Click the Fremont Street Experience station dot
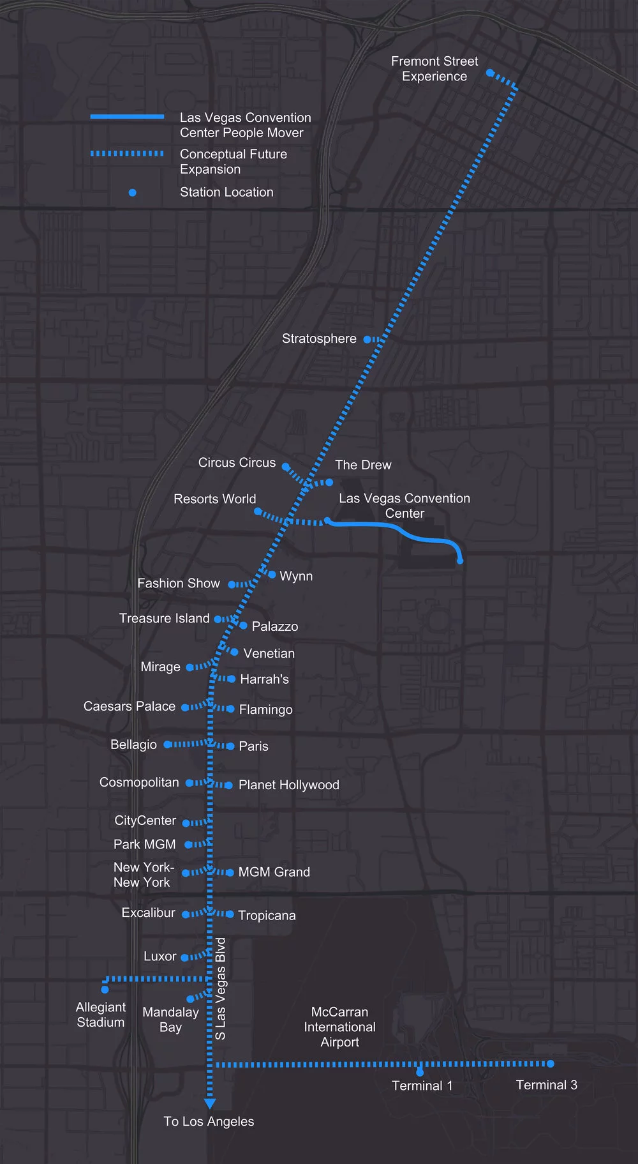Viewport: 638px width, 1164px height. [x=490, y=73]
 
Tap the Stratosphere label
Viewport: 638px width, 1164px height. [x=319, y=338]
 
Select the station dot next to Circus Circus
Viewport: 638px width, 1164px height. [x=286, y=467]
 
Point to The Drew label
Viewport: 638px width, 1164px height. [x=363, y=465]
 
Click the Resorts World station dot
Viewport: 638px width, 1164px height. [x=258, y=511]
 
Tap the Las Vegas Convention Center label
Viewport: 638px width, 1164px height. [x=404, y=506]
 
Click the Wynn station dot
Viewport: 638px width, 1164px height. [x=272, y=575]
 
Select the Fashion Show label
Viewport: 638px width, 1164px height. [x=179, y=583]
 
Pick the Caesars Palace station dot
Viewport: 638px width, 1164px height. [x=185, y=707]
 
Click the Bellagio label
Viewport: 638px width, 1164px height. [x=133, y=745]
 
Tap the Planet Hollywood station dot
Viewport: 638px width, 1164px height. [x=229, y=785]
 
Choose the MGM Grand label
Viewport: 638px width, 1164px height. [x=274, y=872]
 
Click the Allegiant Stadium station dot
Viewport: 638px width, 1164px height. [x=105, y=990]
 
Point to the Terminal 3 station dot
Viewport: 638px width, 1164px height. [x=551, y=1064]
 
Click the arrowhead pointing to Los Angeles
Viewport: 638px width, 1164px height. [x=209, y=1104]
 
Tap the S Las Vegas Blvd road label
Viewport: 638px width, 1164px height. [x=220, y=988]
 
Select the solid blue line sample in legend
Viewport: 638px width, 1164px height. [x=127, y=117]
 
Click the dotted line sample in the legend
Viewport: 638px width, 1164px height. [x=127, y=153]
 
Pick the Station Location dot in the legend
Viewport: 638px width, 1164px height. [x=132, y=192]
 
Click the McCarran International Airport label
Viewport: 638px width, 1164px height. [x=339, y=1027]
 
